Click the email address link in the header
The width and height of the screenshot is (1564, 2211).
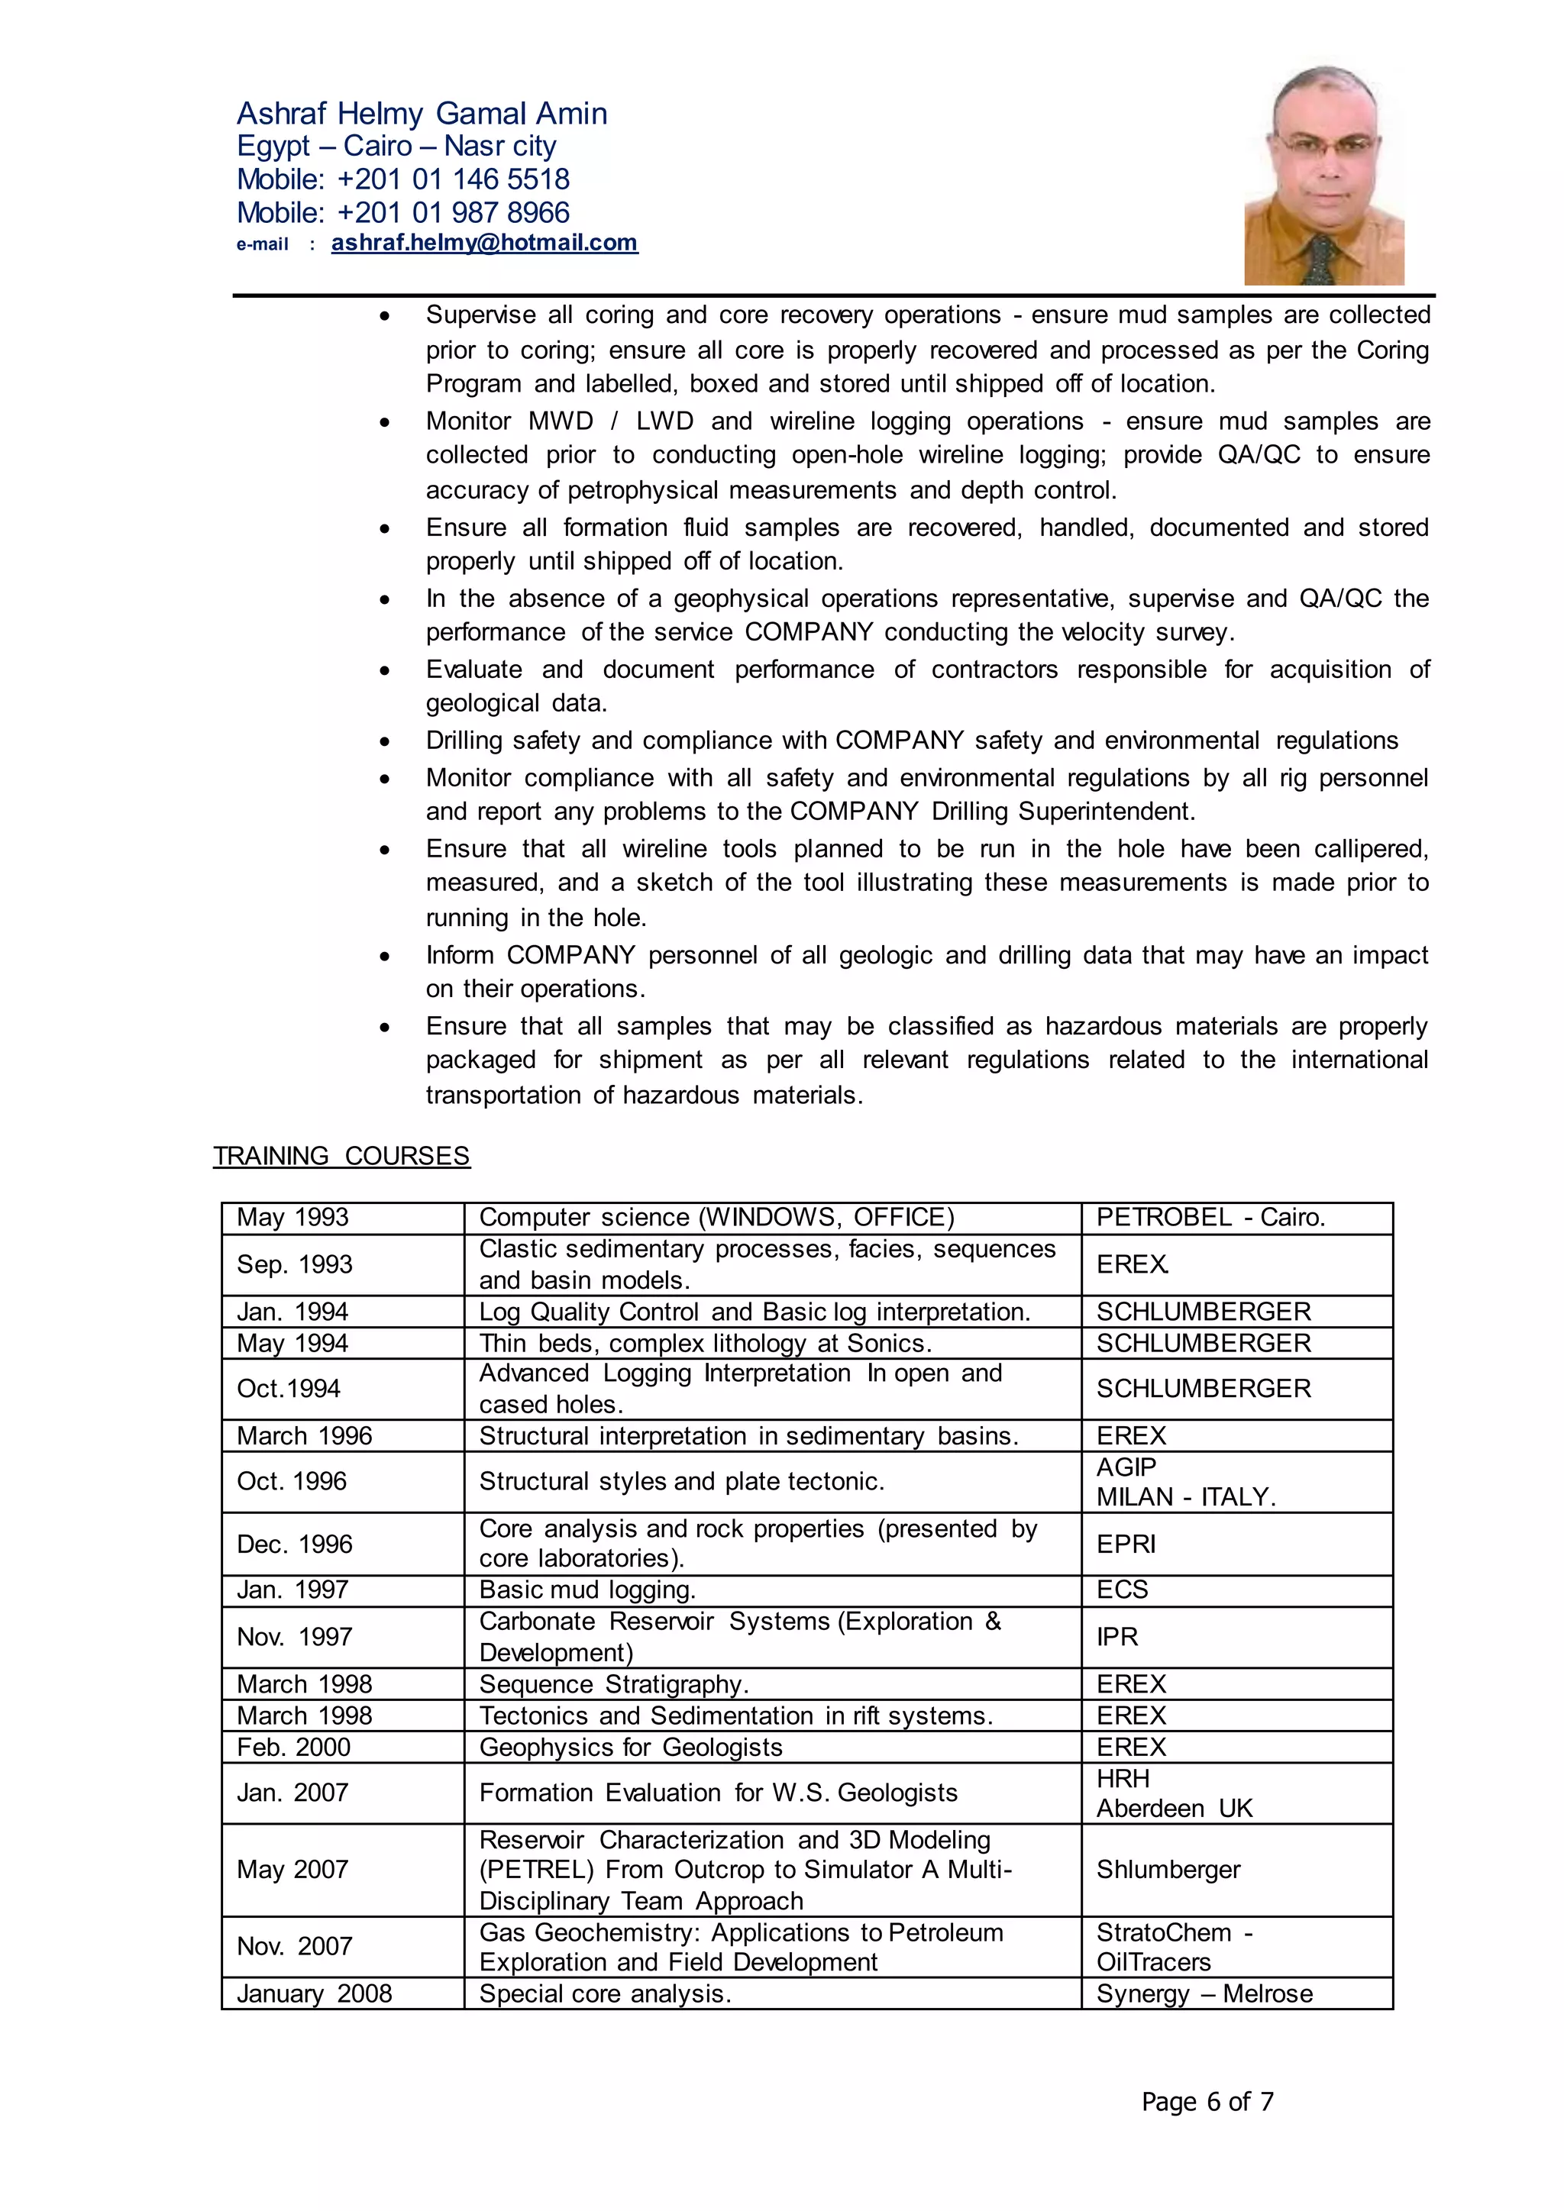tap(483, 243)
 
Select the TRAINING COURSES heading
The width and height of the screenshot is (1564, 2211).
tap(341, 1156)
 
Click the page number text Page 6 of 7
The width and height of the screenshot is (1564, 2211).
tap(1207, 2100)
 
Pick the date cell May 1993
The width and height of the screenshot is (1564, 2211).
tap(292, 1217)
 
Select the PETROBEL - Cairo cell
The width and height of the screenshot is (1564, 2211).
tap(1210, 1217)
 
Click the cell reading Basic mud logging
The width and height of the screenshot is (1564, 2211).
tap(587, 1590)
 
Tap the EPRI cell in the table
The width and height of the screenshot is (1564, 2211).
tap(1126, 1544)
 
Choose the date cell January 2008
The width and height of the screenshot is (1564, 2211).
tap(314, 1993)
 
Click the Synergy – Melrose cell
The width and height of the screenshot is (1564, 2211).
tap(1204, 1993)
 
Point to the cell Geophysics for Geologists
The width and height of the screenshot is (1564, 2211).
tap(631, 1747)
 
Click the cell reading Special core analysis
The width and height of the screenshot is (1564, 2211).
tap(605, 1993)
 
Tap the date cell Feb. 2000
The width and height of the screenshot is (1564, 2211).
tap(294, 1747)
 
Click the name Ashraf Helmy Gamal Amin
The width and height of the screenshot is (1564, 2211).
tap(422, 114)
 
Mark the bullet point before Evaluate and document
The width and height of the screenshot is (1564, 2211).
tap(384, 671)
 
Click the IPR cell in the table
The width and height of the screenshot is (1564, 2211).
tap(1117, 1636)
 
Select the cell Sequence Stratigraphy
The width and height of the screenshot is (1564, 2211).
tap(613, 1684)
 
